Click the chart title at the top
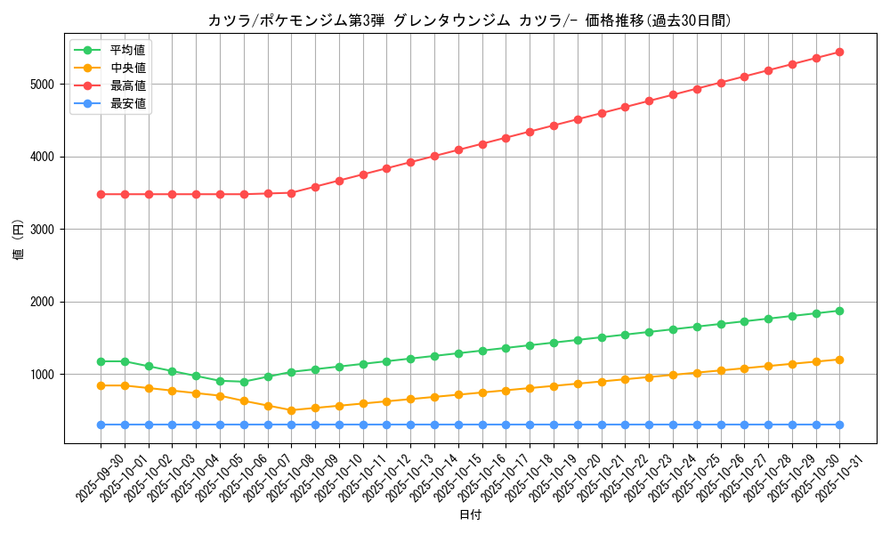(469, 20)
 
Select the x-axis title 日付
(469, 515)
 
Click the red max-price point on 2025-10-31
(839, 52)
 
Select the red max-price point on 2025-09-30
(101, 194)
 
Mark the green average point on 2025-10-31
(839, 311)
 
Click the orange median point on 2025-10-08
(291, 410)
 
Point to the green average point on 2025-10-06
(244, 382)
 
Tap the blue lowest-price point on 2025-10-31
(839, 425)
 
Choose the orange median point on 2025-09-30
(101, 385)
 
